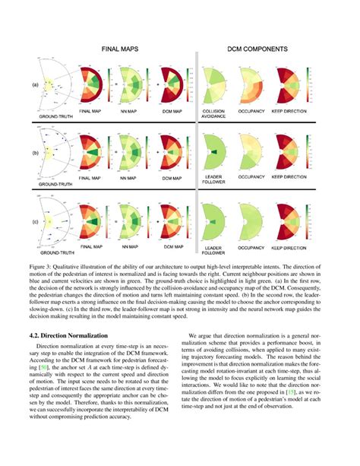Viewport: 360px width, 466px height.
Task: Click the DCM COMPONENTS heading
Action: (x=257, y=48)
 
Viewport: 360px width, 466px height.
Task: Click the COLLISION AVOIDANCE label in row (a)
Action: (x=213, y=113)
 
